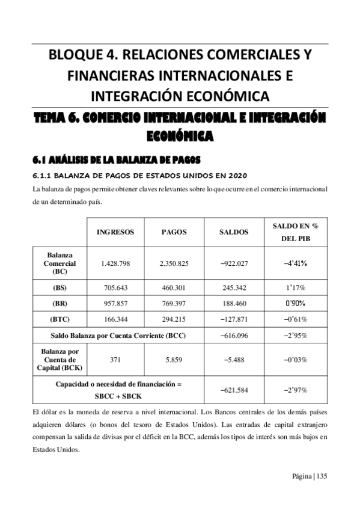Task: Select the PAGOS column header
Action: [174, 232]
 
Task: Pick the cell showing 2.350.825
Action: [174, 263]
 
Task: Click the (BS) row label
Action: [60, 287]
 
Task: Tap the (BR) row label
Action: [60, 303]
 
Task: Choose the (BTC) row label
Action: [60, 319]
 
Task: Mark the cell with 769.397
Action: [174, 303]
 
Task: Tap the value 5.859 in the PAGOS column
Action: [174, 359]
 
